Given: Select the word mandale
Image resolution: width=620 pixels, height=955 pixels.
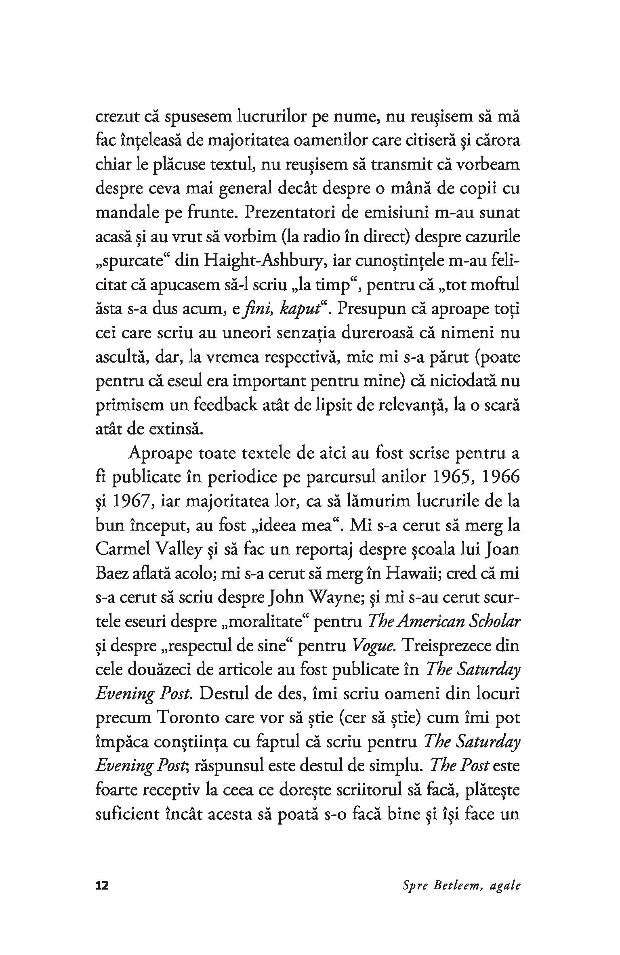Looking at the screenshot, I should pyautogui.click(x=127, y=213).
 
